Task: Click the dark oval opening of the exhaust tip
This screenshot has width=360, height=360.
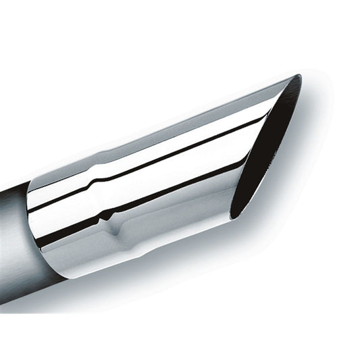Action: (x=267, y=152)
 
